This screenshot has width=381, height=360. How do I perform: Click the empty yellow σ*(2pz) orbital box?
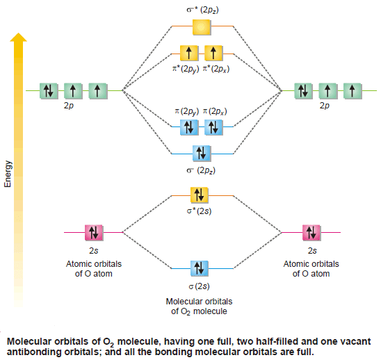(x=202, y=26)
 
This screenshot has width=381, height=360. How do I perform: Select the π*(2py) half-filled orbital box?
(x=189, y=53)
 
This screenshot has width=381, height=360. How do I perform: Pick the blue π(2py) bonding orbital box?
(x=189, y=127)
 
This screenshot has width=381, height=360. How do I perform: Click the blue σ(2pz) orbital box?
(x=202, y=154)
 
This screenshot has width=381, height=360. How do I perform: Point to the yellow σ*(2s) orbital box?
(x=200, y=195)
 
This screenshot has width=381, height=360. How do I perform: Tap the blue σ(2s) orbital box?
(x=200, y=268)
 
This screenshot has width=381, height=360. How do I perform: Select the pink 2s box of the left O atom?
(x=94, y=233)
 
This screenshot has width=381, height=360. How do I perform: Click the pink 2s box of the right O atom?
(x=311, y=233)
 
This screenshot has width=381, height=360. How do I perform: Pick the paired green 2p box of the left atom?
(x=49, y=91)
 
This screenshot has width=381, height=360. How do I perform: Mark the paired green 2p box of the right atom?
(x=303, y=91)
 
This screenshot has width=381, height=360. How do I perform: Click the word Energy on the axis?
(x=8, y=174)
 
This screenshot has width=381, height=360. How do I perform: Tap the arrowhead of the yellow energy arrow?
(x=19, y=37)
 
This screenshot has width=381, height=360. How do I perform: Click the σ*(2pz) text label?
(x=202, y=10)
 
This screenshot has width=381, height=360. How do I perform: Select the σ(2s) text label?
(x=199, y=286)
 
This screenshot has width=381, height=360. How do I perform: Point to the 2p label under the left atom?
(x=69, y=106)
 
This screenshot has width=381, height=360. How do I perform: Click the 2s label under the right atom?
(x=312, y=250)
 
